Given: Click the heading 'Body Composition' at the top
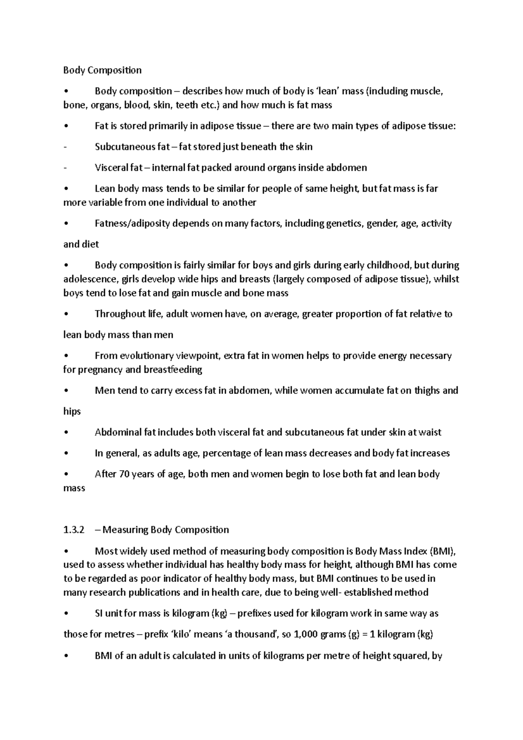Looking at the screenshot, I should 102,70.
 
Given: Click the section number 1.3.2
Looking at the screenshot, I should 73,530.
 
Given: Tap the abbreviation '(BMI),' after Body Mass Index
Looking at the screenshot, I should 443,551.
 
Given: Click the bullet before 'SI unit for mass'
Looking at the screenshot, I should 65,614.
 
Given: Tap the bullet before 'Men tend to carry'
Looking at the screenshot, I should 65,391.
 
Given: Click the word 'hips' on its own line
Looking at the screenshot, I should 72,412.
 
